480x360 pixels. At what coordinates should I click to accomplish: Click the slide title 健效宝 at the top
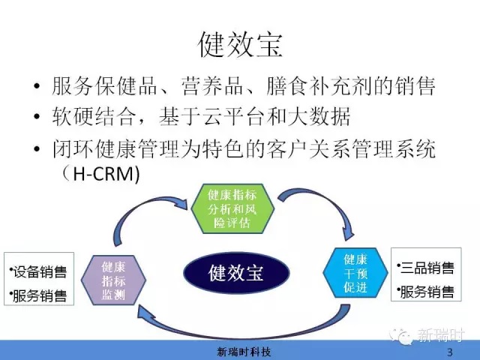(240, 45)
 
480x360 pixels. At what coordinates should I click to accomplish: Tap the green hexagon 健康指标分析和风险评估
(232, 208)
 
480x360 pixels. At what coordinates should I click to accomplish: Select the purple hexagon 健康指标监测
(113, 280)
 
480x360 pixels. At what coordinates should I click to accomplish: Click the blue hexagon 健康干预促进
(355, 273)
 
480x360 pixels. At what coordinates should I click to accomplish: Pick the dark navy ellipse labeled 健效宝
(236, 272)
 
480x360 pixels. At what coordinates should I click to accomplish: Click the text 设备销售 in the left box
(40, 271)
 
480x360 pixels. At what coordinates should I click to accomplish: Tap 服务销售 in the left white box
(40, 295)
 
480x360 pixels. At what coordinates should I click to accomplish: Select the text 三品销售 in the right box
(427, 268)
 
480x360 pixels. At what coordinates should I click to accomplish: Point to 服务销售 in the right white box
(427, 292)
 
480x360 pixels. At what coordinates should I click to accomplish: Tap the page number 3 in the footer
(450, 352)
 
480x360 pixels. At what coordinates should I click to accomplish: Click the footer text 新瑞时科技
(244, 352)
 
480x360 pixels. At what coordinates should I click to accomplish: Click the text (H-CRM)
(100, 174)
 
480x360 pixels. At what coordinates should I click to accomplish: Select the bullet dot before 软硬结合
(37, 117)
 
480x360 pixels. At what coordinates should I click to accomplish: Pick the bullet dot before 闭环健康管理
(37, 149)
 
